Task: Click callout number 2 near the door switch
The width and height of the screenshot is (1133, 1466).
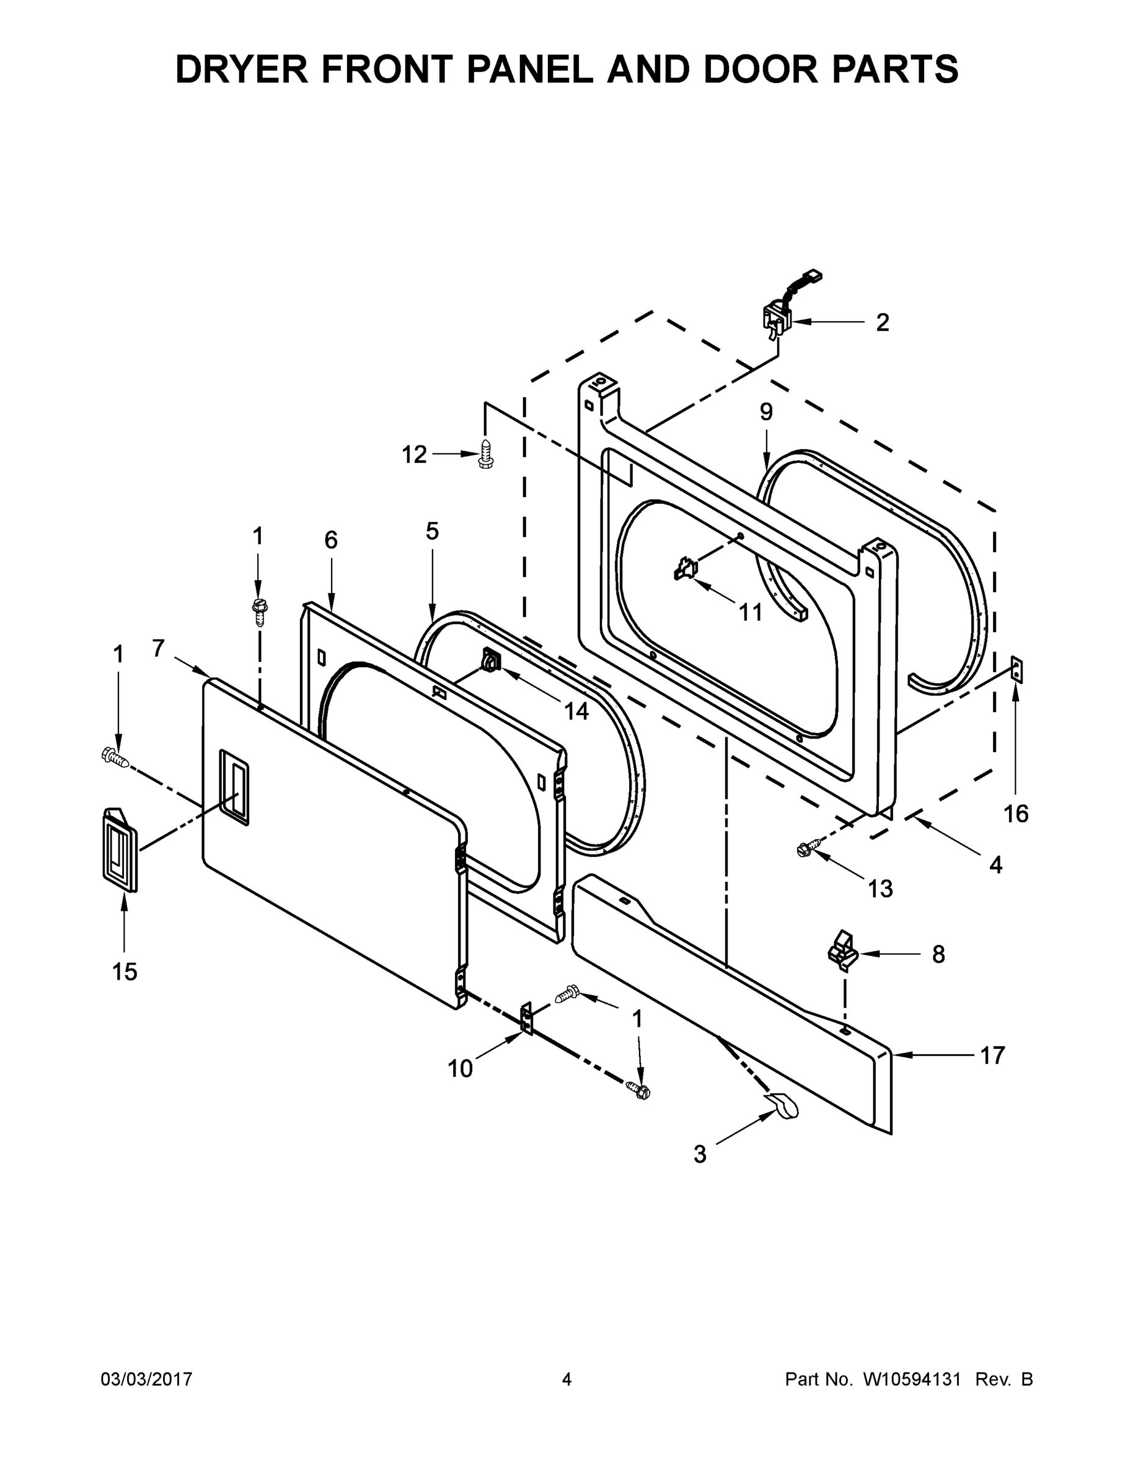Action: coord(883,323)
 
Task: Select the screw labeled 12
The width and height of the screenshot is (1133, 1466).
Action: coord(486,454)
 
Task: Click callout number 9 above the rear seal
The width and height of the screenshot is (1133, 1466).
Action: coord(767,412)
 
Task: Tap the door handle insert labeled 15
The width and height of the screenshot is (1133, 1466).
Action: coord(120,850)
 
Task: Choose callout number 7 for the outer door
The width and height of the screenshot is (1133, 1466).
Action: coord(158,649)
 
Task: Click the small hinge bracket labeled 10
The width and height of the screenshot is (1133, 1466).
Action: coord(527,1018)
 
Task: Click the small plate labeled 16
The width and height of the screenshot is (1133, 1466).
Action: coord(1018,671)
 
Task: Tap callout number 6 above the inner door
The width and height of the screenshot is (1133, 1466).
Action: coord(331,541)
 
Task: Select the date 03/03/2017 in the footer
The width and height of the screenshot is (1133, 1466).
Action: coord(147,1379)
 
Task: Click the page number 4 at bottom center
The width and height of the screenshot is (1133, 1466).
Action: coord(567,1379)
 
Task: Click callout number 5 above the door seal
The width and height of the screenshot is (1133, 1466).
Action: coord(432,531)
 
